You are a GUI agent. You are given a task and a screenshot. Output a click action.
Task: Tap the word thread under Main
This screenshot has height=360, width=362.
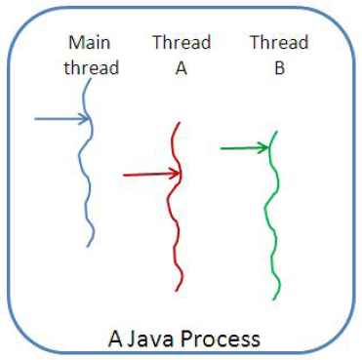point(93,68)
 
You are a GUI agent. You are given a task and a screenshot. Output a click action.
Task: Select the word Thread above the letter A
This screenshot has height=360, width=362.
point(177,44)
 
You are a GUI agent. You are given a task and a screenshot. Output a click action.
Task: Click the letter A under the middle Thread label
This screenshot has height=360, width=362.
point(177,68)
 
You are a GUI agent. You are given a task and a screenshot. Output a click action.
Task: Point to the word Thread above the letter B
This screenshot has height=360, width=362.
point(279,44)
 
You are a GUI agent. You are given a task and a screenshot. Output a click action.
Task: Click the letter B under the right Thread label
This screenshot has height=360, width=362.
point(279,68)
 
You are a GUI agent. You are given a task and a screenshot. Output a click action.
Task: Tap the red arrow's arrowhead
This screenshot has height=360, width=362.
point(178,174)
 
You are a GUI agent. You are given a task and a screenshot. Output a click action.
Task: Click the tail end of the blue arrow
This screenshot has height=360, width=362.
point(35,119)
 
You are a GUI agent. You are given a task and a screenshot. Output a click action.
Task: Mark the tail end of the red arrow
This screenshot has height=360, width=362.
point(124,175)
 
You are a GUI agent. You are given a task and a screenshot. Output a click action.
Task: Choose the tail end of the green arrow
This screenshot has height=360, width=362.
point(221,148)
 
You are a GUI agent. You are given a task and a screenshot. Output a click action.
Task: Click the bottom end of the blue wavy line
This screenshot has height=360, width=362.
point(90,245)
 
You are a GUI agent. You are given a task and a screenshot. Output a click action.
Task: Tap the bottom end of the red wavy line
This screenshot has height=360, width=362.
point(179,290)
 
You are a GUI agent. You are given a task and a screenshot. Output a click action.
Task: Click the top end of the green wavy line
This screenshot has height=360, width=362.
point(275,131)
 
